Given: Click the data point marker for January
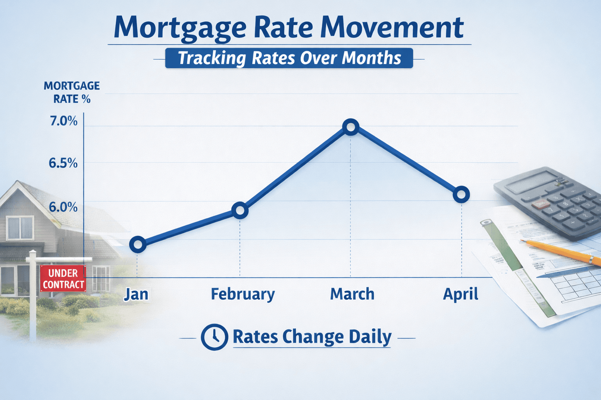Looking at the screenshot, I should coord(138,245).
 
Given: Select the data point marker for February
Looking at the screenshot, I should coord(240,211).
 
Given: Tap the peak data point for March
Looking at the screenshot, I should coord(351,127).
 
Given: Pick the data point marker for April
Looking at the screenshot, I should coord(461,195).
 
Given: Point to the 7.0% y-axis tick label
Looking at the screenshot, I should coord(64,121).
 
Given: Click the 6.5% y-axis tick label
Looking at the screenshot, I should coord(63,163).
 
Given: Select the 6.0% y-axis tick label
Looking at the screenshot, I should coord(63,207).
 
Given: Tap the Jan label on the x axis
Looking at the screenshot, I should coord(136,294).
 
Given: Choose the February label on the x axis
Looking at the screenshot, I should coord(243,295).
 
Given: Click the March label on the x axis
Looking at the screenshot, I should coord(352,294).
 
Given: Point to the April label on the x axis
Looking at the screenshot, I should coord(461,294).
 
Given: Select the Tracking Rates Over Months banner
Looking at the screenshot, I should coord(289,58).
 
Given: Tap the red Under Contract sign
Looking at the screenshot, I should coord(63,279).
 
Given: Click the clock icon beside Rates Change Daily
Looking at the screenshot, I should coord(214,337).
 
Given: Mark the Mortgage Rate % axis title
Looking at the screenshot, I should coord(72,92).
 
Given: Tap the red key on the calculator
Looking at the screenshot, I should coord(540,204).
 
